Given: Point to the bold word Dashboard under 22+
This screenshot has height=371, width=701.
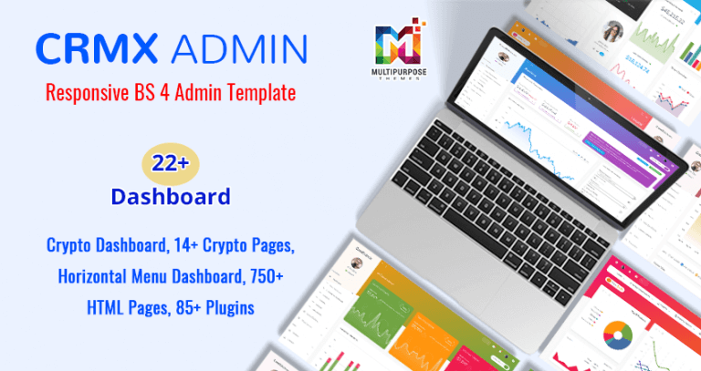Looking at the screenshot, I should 170,196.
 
